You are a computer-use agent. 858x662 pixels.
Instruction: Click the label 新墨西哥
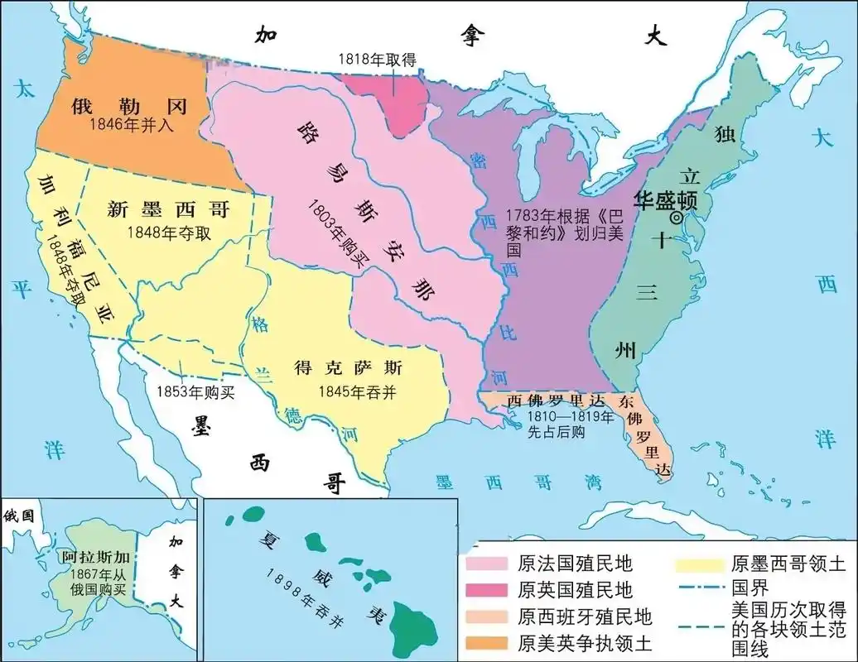(168, 210)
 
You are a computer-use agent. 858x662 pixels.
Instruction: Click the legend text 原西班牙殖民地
(585, 616)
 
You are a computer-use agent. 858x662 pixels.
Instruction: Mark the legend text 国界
(751, 588)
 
